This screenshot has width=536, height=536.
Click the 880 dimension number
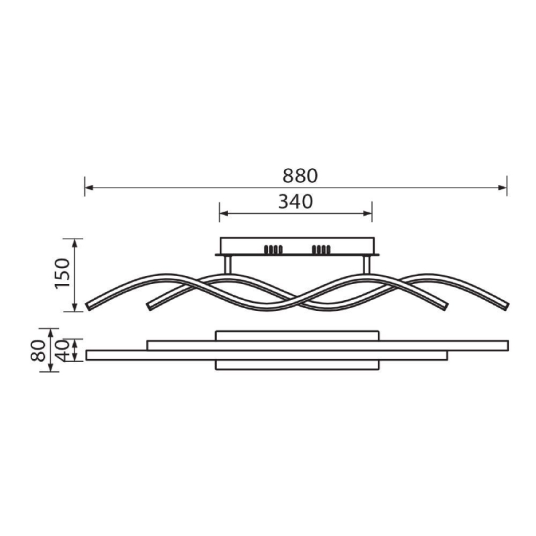(x=299, y=176)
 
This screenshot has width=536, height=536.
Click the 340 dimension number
(x=295, y=202)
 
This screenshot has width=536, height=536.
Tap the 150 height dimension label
(x=62, y=273)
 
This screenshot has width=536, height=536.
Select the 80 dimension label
(x=38, y=350)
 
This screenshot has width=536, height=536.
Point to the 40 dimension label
(x=62, y=350)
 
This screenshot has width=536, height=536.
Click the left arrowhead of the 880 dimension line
(x=89, y=188)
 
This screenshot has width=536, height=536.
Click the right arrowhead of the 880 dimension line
(x=503, y=188)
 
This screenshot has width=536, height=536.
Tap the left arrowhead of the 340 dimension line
(x=224, y=214)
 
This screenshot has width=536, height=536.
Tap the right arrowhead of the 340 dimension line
(x=368, y=214)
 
